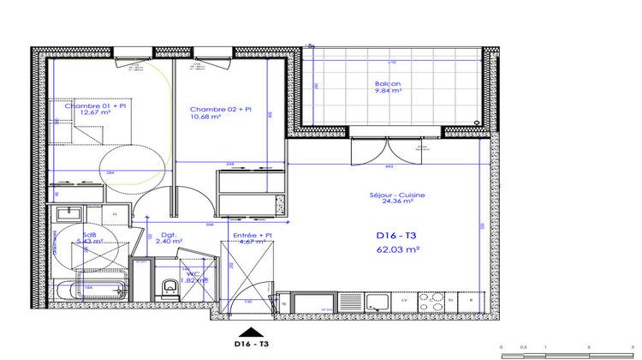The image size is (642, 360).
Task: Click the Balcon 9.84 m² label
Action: click(387, 87)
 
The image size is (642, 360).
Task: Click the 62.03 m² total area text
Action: click(399, 249)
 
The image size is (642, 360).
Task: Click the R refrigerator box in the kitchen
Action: click(471, 301)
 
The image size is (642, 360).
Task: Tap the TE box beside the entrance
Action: click(284, 302)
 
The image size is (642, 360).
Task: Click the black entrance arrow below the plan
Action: click(251, 332)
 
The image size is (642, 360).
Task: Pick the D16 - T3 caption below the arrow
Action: click(252, 345)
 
